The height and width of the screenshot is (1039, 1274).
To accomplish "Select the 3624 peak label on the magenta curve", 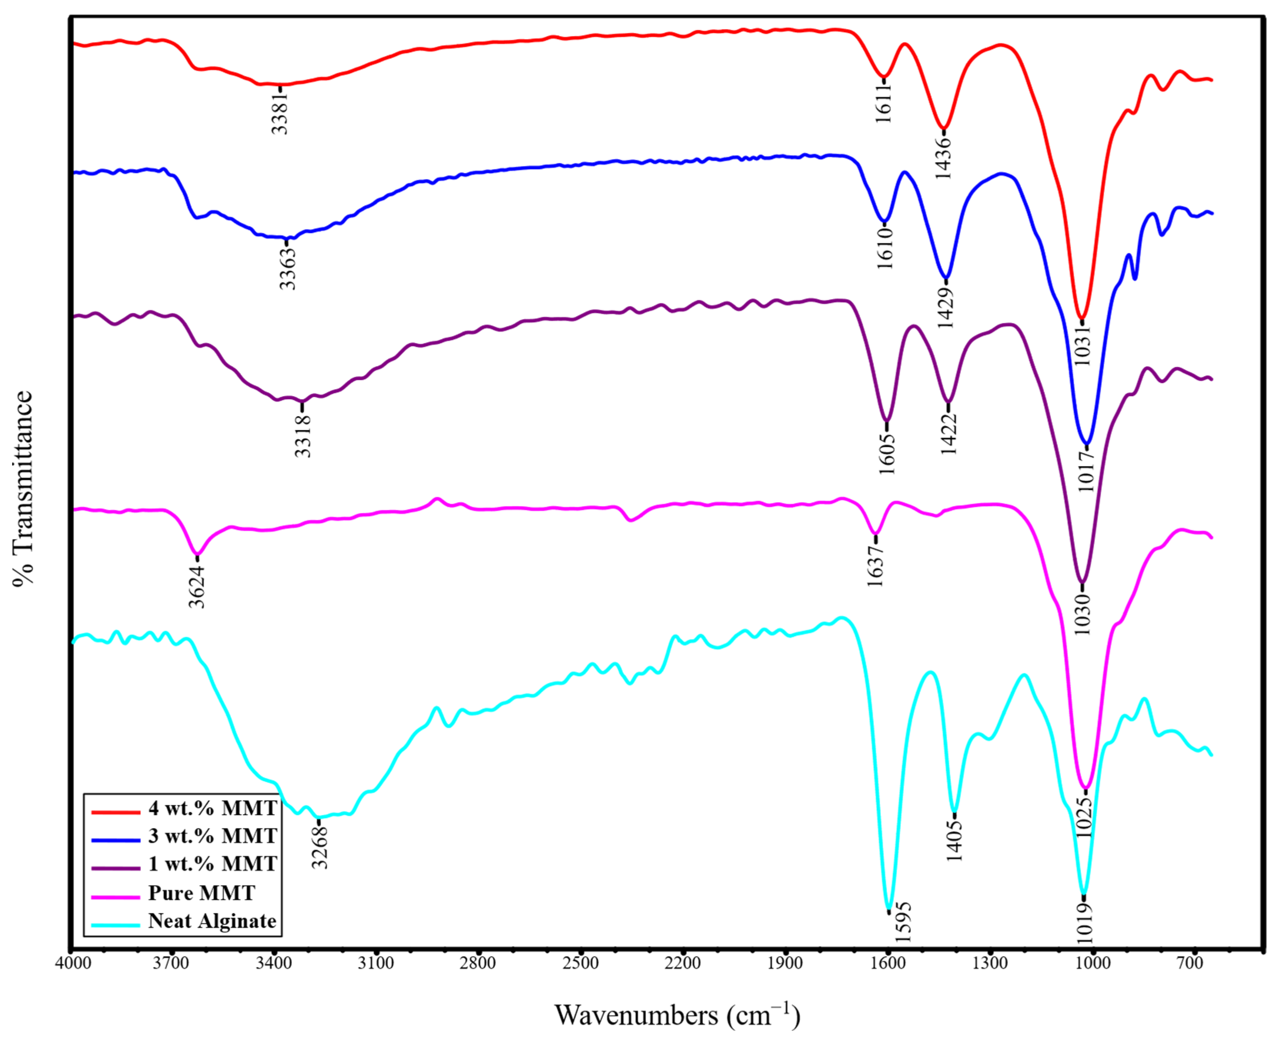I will point(197,586).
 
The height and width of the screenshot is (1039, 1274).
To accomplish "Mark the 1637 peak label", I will point(876,566).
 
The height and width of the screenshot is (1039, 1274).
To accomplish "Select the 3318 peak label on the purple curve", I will point(303,436).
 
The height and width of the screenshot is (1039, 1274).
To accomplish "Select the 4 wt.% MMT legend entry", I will point(212,808).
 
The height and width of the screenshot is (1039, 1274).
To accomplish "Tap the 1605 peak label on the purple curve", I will point(887,453).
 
